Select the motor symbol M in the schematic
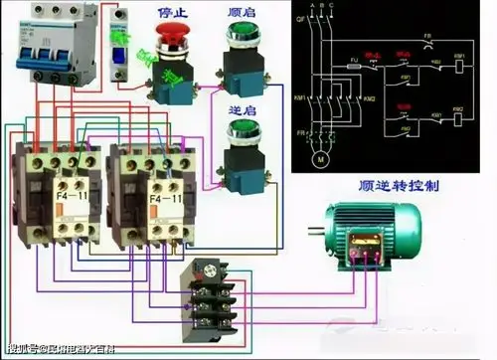[x=319, y=157]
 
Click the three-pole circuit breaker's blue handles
[x=40, y=52]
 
